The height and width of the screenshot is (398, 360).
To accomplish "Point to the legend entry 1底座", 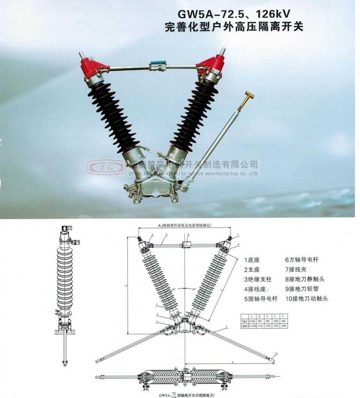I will [x=252, y=260].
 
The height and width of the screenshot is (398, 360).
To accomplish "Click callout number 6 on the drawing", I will [x=189, y=234].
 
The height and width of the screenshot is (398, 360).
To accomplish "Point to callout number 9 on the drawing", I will [x=226, y=327].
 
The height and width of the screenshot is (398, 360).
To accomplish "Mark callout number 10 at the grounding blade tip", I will [x=276, y=353].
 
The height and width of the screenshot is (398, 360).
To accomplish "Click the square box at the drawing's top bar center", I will [x=186, y=245].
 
